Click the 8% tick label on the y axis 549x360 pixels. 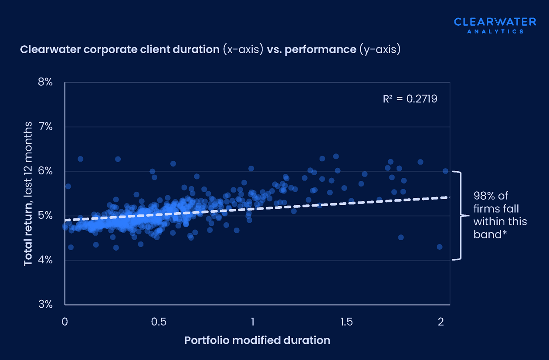point(44,82)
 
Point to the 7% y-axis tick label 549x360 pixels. point(44,127)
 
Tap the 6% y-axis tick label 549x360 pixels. point(44,171)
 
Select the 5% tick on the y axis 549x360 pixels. point(44,216)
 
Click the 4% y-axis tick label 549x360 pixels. point(44,260)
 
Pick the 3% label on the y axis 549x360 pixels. point(44,304)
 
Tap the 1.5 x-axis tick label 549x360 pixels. point(346,322)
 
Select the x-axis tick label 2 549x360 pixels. point(441,322)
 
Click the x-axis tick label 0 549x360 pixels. point(65,322)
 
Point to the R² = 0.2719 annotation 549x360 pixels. point(410,99)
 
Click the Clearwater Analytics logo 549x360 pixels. point(489,25)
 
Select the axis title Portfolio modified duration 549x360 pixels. point(257,340)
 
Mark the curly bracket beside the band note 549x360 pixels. point(457,216)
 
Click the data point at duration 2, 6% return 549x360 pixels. point(445,171)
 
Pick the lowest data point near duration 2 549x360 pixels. point(439,247)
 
